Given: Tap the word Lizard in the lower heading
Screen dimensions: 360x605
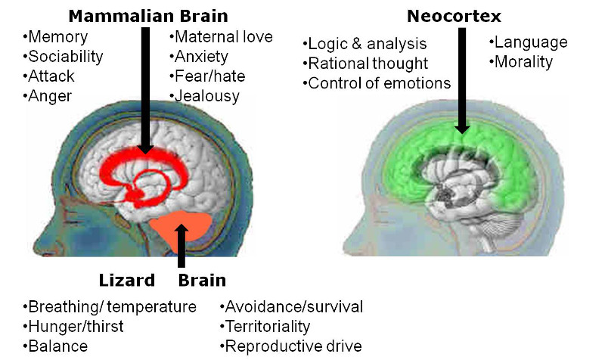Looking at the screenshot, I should [127, 281].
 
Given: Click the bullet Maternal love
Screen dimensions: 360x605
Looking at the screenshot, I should [221, 36].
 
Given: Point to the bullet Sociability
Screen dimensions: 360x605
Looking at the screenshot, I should [63, 56].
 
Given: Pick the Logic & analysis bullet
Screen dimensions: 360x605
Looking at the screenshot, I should [365, 44].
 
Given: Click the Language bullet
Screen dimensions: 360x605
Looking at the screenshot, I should [528, 42].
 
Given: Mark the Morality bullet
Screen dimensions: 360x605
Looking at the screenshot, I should [523, 62].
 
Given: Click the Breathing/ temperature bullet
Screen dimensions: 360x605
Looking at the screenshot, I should [109, 307].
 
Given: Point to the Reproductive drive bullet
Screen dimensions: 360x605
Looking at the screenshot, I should [290, 346].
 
